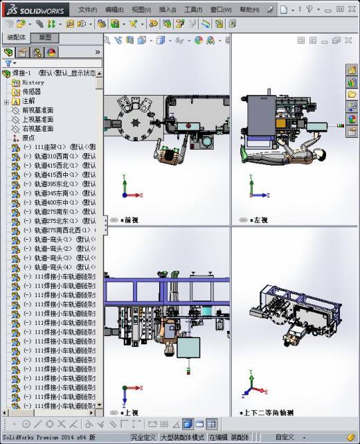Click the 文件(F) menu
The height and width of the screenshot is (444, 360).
(x=87, y=10)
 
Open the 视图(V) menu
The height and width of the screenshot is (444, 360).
(x=141, y=10)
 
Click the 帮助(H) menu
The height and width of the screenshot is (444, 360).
(x=249, y=10)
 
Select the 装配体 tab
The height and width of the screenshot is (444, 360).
(x=17, y=37)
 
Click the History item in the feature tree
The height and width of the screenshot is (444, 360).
(x=33, y=82)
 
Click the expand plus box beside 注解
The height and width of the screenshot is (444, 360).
(x=6, y=101)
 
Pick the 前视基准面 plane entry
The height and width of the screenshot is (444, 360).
(x=38, y=110)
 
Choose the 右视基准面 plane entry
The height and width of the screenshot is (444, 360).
(x=38, y=128)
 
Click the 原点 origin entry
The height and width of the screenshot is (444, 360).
(x=28, y=137)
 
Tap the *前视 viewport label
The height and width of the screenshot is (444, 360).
(x=129, y=220)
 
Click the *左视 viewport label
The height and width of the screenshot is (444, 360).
(x=260, y=220)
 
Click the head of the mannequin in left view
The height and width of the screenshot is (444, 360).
(x=319, y=154)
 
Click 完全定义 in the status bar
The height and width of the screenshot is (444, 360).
(x=144, y=438)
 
